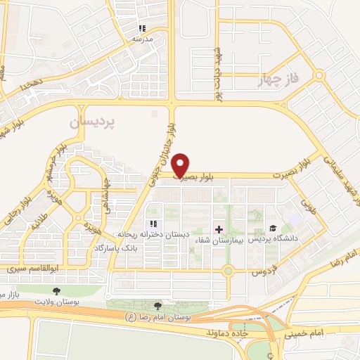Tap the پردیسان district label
[91, 122]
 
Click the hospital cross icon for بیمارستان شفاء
[219, 229]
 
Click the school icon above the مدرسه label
[142, 29]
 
